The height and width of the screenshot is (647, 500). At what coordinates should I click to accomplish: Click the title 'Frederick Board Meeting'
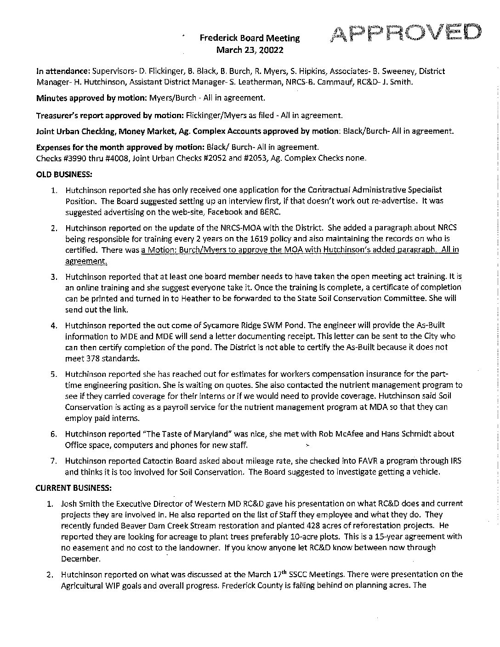(250, 39)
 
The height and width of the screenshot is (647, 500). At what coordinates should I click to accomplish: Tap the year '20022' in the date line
(273, 50)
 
